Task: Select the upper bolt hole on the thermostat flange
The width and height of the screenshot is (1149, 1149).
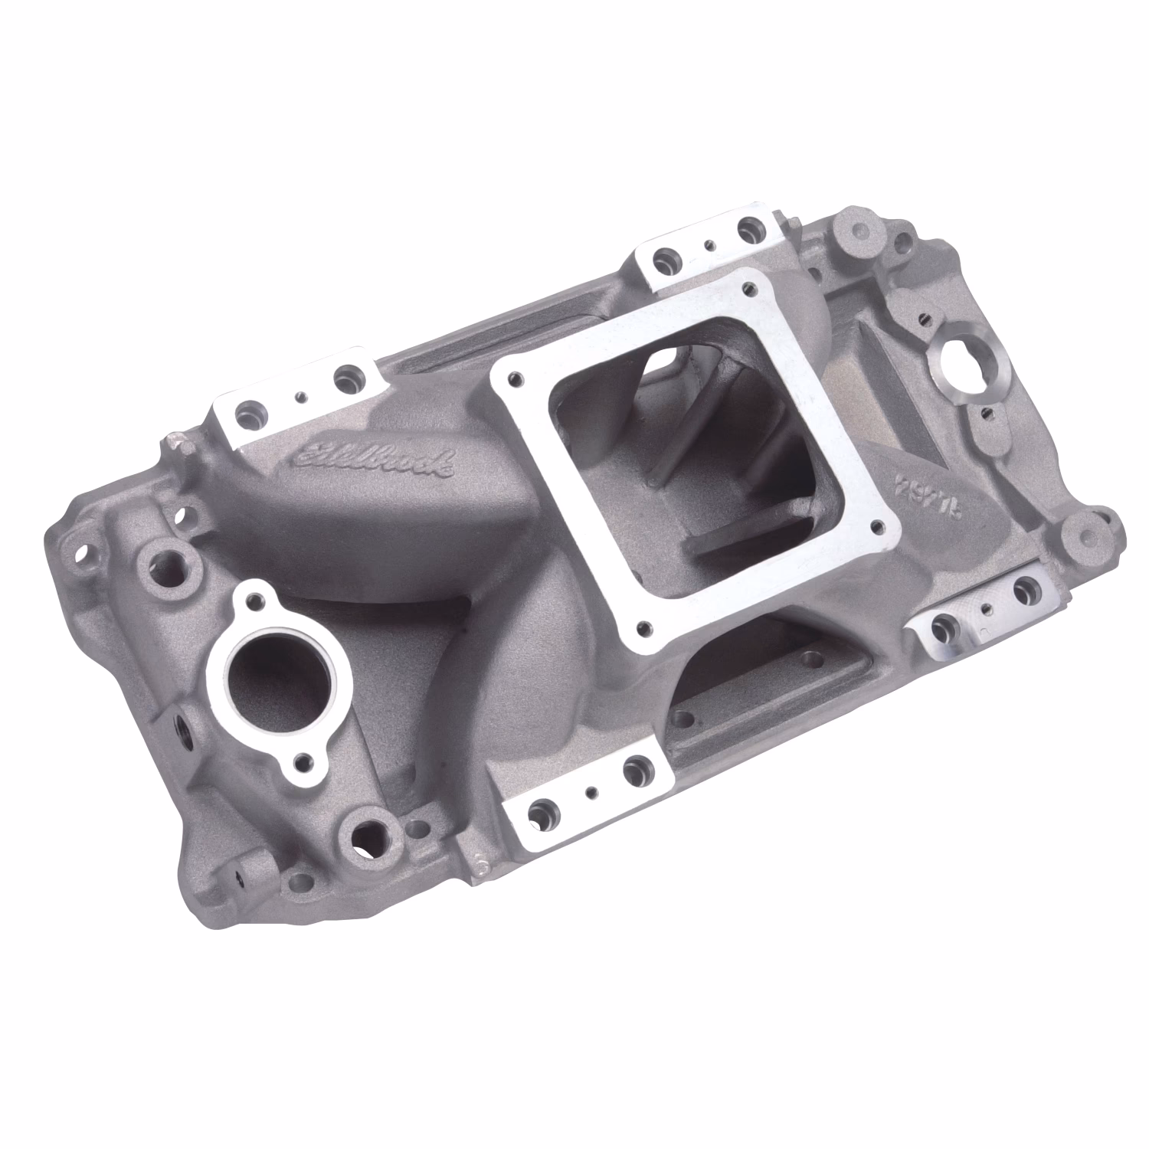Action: pos(257,596)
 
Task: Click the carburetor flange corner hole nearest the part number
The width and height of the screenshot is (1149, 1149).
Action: pos(889,527)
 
